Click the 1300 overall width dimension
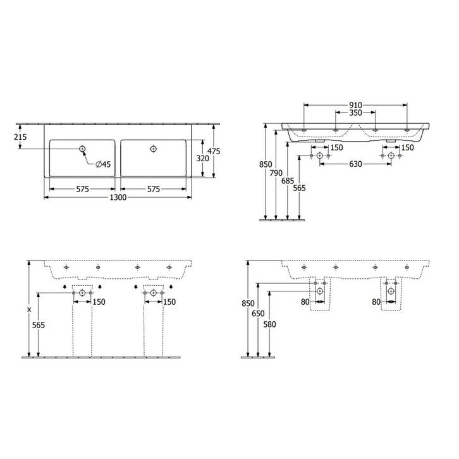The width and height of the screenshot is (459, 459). [119, 198]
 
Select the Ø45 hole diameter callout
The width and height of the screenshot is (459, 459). [103, 164]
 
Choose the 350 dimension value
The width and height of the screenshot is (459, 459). [355, 113]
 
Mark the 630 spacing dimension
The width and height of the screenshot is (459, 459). [355, 165]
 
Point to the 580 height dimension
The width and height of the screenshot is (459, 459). [269, 323]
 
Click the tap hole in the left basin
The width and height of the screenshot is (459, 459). [82, 149]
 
